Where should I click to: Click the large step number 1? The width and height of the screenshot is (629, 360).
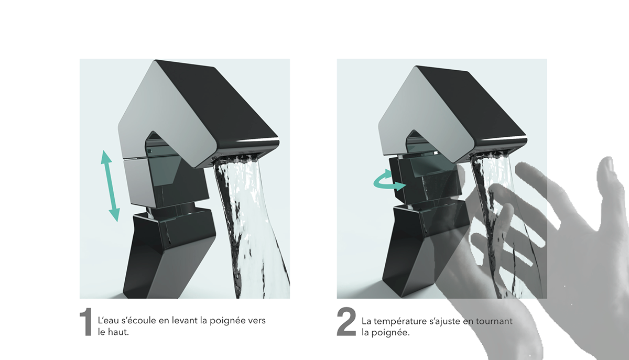tap(85, 322)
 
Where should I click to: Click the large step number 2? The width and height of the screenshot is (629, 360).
tap(346, 322)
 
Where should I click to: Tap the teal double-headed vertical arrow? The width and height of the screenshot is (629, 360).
tap(111, 186)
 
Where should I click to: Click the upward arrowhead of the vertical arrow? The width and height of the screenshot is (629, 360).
tap(106, 156)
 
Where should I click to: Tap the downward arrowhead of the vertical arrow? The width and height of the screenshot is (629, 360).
tap(115, 215)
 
